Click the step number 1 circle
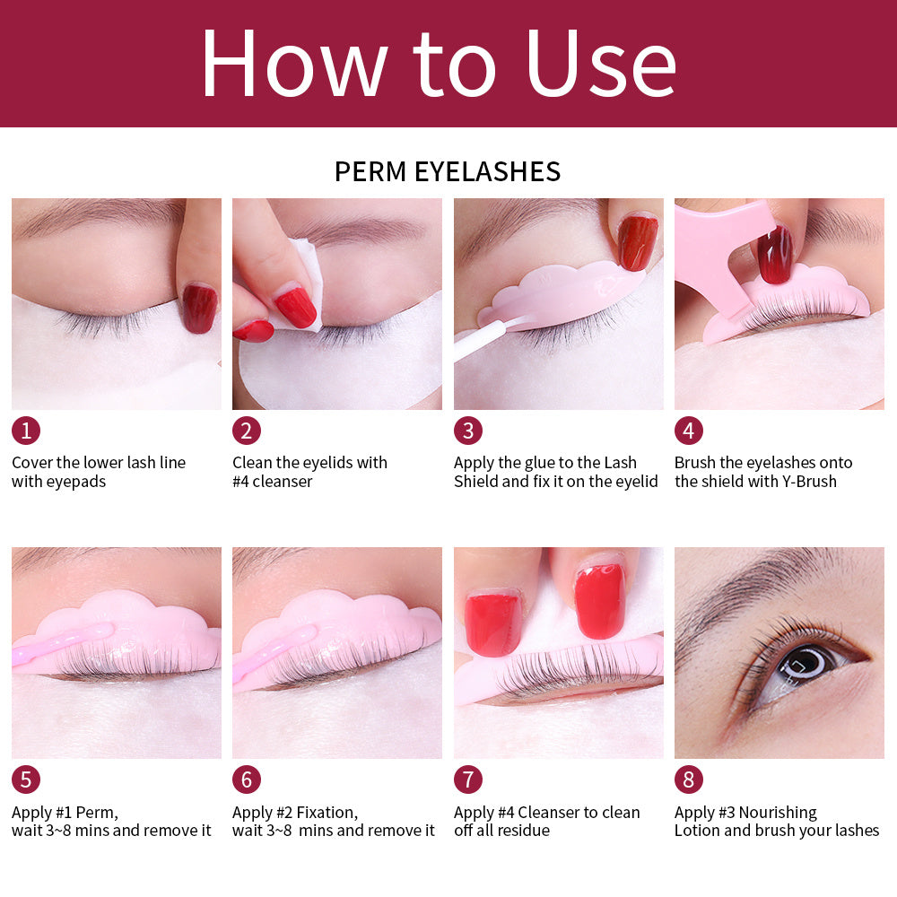click(x=25, y=431)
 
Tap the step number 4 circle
click(x=688, y=431)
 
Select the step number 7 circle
click(x=467, y=779)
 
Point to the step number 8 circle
click(x=688, y=779)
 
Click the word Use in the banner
click(x=600, y=65)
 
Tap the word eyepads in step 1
click(x=76, y=482)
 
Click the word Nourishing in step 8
click(x=778, y=813)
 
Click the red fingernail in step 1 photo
click(x=199, y=308)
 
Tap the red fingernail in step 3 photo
click(x=637, y=242)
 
